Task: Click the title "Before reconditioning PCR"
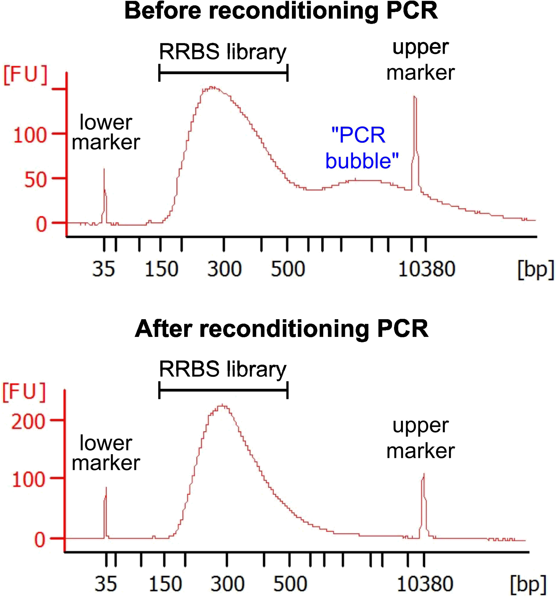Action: (x=281, y=11)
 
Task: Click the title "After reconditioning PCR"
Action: (x=282, y=329)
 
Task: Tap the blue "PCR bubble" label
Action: (x=362, y=148)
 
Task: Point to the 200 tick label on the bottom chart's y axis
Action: (x=28, y=422)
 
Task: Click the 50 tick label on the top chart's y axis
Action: (x=35, y=180)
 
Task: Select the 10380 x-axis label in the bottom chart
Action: (x=425, y=584)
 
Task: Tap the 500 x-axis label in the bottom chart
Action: (x=290, y=584)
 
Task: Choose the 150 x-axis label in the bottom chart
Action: (x=165, y=584)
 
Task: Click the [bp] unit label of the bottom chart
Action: (x=528, y=584)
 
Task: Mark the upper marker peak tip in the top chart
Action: (x=415, y=97)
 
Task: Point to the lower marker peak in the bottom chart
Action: (x=106, y=488)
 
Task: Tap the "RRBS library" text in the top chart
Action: (x=222, y=52)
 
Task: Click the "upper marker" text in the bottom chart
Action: (x=420, y=438)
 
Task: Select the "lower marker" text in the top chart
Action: (x=106, y=132)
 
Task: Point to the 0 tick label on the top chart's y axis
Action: (x=41, y=224)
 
